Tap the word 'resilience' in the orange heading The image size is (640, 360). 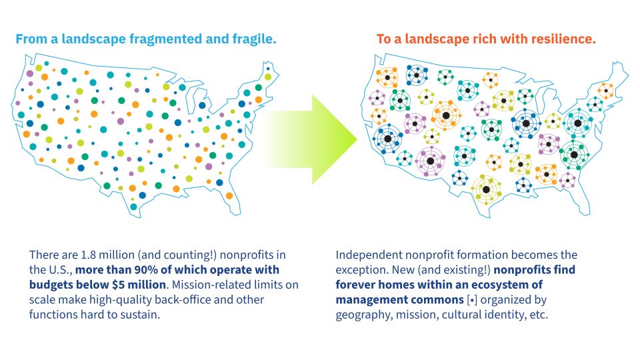click(x=561, y=39)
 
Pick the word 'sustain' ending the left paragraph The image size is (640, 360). click(x=140, y=314)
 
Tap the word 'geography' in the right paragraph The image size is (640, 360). click(x=363, y=314)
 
